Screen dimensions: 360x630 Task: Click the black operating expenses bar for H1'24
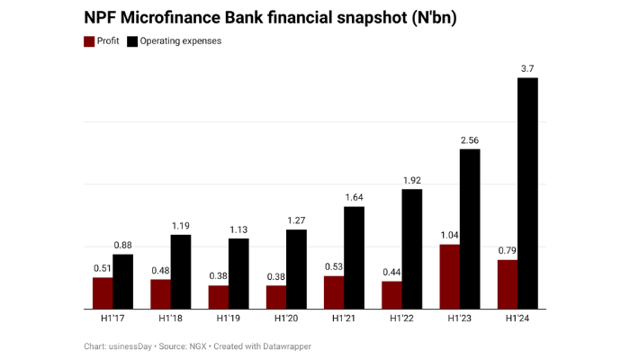point(527,193)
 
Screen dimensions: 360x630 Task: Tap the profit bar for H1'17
point(103,292)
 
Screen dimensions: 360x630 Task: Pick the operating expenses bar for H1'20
point(296,269)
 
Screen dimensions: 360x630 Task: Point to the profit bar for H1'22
point(392,294)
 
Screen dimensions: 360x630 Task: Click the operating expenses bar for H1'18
point(181,271)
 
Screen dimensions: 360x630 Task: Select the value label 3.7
point(528,68)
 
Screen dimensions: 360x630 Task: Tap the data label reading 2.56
point(470,139)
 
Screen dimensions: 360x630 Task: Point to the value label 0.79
point(508,250)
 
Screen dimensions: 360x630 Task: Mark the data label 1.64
point(354,197)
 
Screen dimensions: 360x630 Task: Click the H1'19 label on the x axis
point(229,319)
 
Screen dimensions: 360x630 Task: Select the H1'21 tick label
point(344,319)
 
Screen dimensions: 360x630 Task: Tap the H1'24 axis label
point(517,319)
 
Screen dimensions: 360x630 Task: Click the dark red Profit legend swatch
point(89,41)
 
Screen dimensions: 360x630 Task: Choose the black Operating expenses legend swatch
point(132,41)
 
